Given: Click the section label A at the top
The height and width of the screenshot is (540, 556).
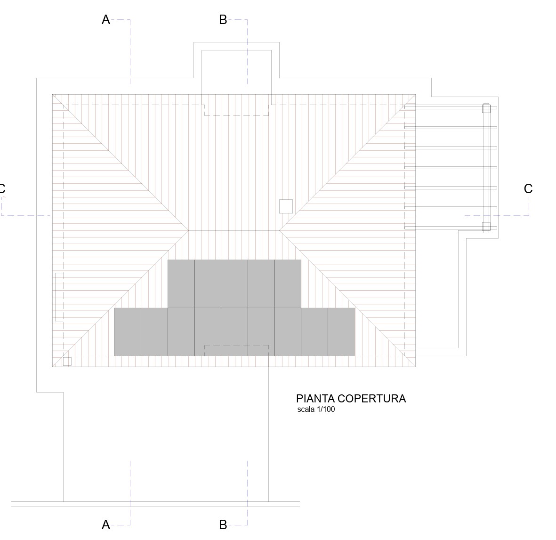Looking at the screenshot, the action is point(105,20).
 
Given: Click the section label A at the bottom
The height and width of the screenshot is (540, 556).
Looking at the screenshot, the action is point(105,525).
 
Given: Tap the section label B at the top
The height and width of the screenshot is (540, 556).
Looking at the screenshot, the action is point(223,20).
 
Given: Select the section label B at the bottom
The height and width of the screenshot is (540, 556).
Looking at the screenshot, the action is point(223,525).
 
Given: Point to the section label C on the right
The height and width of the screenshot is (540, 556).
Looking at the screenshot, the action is point(528,189).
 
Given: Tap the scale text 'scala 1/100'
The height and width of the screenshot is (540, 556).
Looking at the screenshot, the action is point(316,409).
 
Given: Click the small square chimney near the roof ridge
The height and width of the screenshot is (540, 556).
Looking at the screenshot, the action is point(286,206).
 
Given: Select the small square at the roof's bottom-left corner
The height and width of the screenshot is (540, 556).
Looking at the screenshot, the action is point(67,361).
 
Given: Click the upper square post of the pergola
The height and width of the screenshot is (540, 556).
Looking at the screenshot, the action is point(486,108).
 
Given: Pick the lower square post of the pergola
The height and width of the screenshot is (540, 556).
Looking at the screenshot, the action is point(486,227).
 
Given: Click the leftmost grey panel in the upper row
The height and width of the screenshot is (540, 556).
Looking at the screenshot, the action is point(181,284).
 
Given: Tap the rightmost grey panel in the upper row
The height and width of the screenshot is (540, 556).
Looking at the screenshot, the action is point(288,284).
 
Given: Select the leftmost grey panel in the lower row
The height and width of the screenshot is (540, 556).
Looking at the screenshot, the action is point(128,332).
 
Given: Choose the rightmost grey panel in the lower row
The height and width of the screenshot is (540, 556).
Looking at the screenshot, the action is point(341,332).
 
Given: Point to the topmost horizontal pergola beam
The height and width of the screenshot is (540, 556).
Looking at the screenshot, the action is point(451,107).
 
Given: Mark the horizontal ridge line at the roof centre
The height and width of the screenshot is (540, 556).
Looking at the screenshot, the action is point(234,230).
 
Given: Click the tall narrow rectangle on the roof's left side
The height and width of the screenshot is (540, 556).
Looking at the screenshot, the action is point(59,297).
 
